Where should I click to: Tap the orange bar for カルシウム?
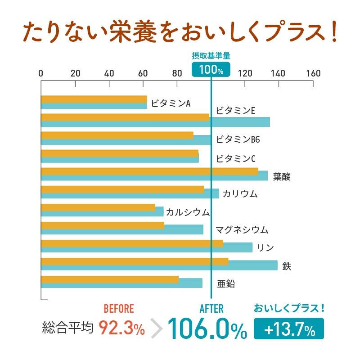98,207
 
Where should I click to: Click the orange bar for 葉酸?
149,171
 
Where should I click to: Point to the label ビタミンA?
171,103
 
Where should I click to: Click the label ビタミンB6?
238,139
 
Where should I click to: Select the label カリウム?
240,194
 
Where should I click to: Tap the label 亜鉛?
226,284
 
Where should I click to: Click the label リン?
265,247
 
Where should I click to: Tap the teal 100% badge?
211,70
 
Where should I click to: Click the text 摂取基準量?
211,56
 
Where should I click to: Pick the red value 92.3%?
121,329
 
